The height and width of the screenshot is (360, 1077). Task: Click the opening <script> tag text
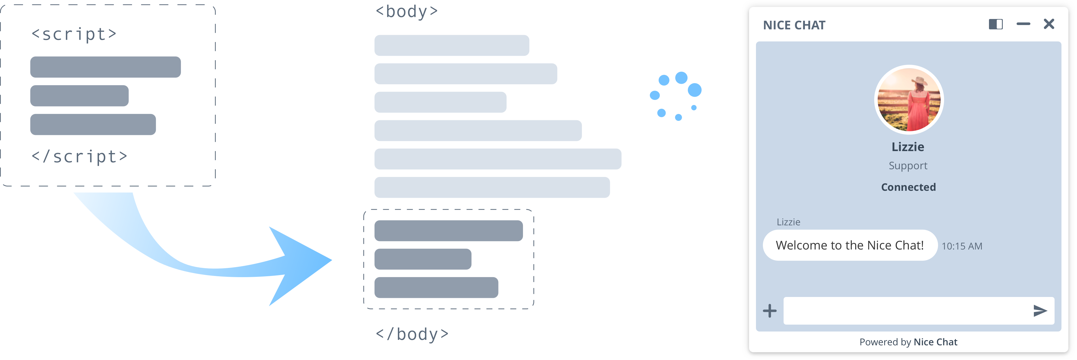74,34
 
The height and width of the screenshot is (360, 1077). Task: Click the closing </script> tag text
79,156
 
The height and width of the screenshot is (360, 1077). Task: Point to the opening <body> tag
407,11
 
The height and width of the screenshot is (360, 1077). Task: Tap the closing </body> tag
412,334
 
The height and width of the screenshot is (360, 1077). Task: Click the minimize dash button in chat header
1023,24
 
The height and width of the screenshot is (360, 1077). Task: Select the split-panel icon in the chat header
996,24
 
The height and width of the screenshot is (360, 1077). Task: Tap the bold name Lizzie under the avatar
908,147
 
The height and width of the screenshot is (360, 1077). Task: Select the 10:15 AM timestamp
962,246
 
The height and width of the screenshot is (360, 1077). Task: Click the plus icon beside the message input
769,311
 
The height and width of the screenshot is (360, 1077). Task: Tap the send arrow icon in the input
1040,311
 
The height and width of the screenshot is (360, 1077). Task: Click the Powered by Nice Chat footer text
908,342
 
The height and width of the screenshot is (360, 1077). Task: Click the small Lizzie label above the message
788,222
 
